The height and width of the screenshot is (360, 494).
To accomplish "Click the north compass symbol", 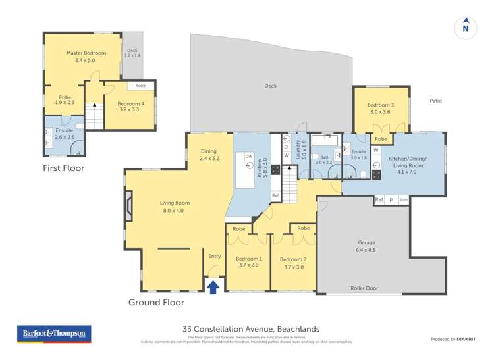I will coord(466,27).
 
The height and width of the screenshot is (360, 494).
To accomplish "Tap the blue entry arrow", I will coord(213,286).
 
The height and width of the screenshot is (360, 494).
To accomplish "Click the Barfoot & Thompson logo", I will coord(53,334).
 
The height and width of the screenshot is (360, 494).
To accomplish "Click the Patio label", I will coord(435,101).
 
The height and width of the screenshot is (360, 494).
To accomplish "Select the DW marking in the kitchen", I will coord(249,157).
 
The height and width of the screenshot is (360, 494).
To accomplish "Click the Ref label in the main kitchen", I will coord(275,195).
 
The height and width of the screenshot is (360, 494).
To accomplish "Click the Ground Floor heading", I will coord(156,302).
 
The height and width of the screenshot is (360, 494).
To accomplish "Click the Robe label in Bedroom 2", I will coord(303,228).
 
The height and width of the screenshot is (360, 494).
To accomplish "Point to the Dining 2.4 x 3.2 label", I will coord(208,155).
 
